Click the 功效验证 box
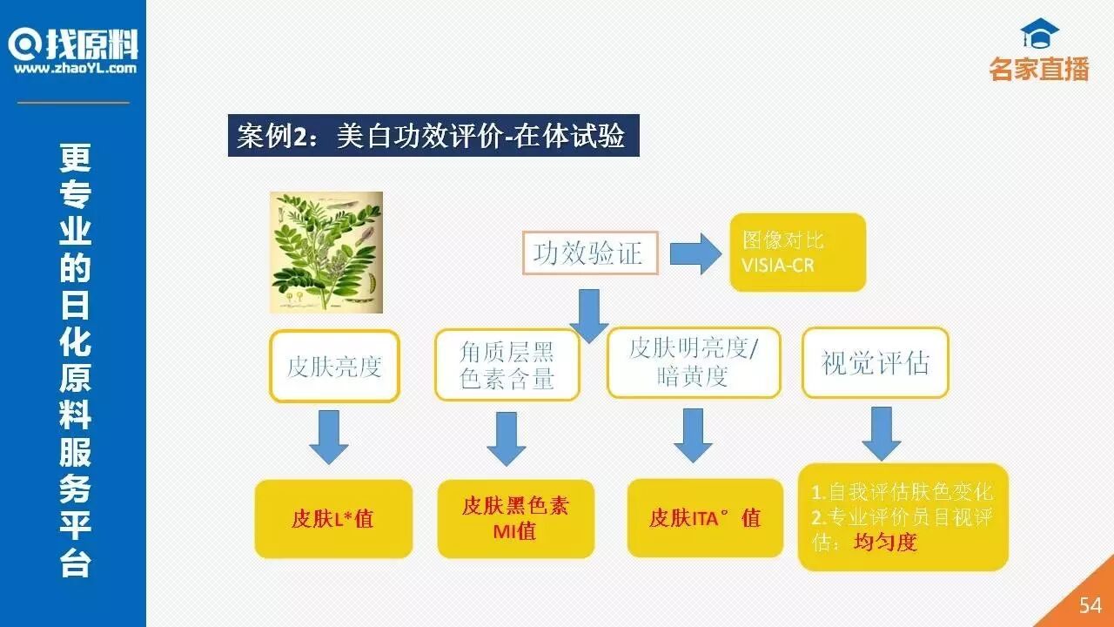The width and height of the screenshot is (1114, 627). pos(589,253)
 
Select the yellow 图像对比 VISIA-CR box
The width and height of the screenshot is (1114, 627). pos(797,253)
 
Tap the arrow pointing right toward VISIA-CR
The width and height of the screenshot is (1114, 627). pos(695,253)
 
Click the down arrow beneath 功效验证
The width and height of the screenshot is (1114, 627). pos(589,314)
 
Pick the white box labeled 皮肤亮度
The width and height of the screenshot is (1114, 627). pos(334,366)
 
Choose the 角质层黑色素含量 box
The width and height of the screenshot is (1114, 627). pos(507,365)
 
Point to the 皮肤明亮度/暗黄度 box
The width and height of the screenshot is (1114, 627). pos(694,362)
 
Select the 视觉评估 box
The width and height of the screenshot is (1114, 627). pos(875,363)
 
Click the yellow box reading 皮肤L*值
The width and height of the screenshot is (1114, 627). pos(333,519)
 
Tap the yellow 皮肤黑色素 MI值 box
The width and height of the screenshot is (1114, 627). pos(515,519)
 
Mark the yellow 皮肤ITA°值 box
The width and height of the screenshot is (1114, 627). pos(704,518)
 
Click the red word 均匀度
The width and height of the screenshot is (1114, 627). pos(885,543)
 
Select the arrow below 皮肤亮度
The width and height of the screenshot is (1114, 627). pos(329,436)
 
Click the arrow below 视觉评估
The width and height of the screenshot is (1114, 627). pos(882,433)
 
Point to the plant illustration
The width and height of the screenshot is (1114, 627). pos(325,253)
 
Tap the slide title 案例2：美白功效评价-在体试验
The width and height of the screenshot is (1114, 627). pos(433,136)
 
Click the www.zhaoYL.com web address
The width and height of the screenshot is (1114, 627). pos(75,69)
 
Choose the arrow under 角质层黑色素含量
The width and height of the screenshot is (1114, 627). pos(506,438)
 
